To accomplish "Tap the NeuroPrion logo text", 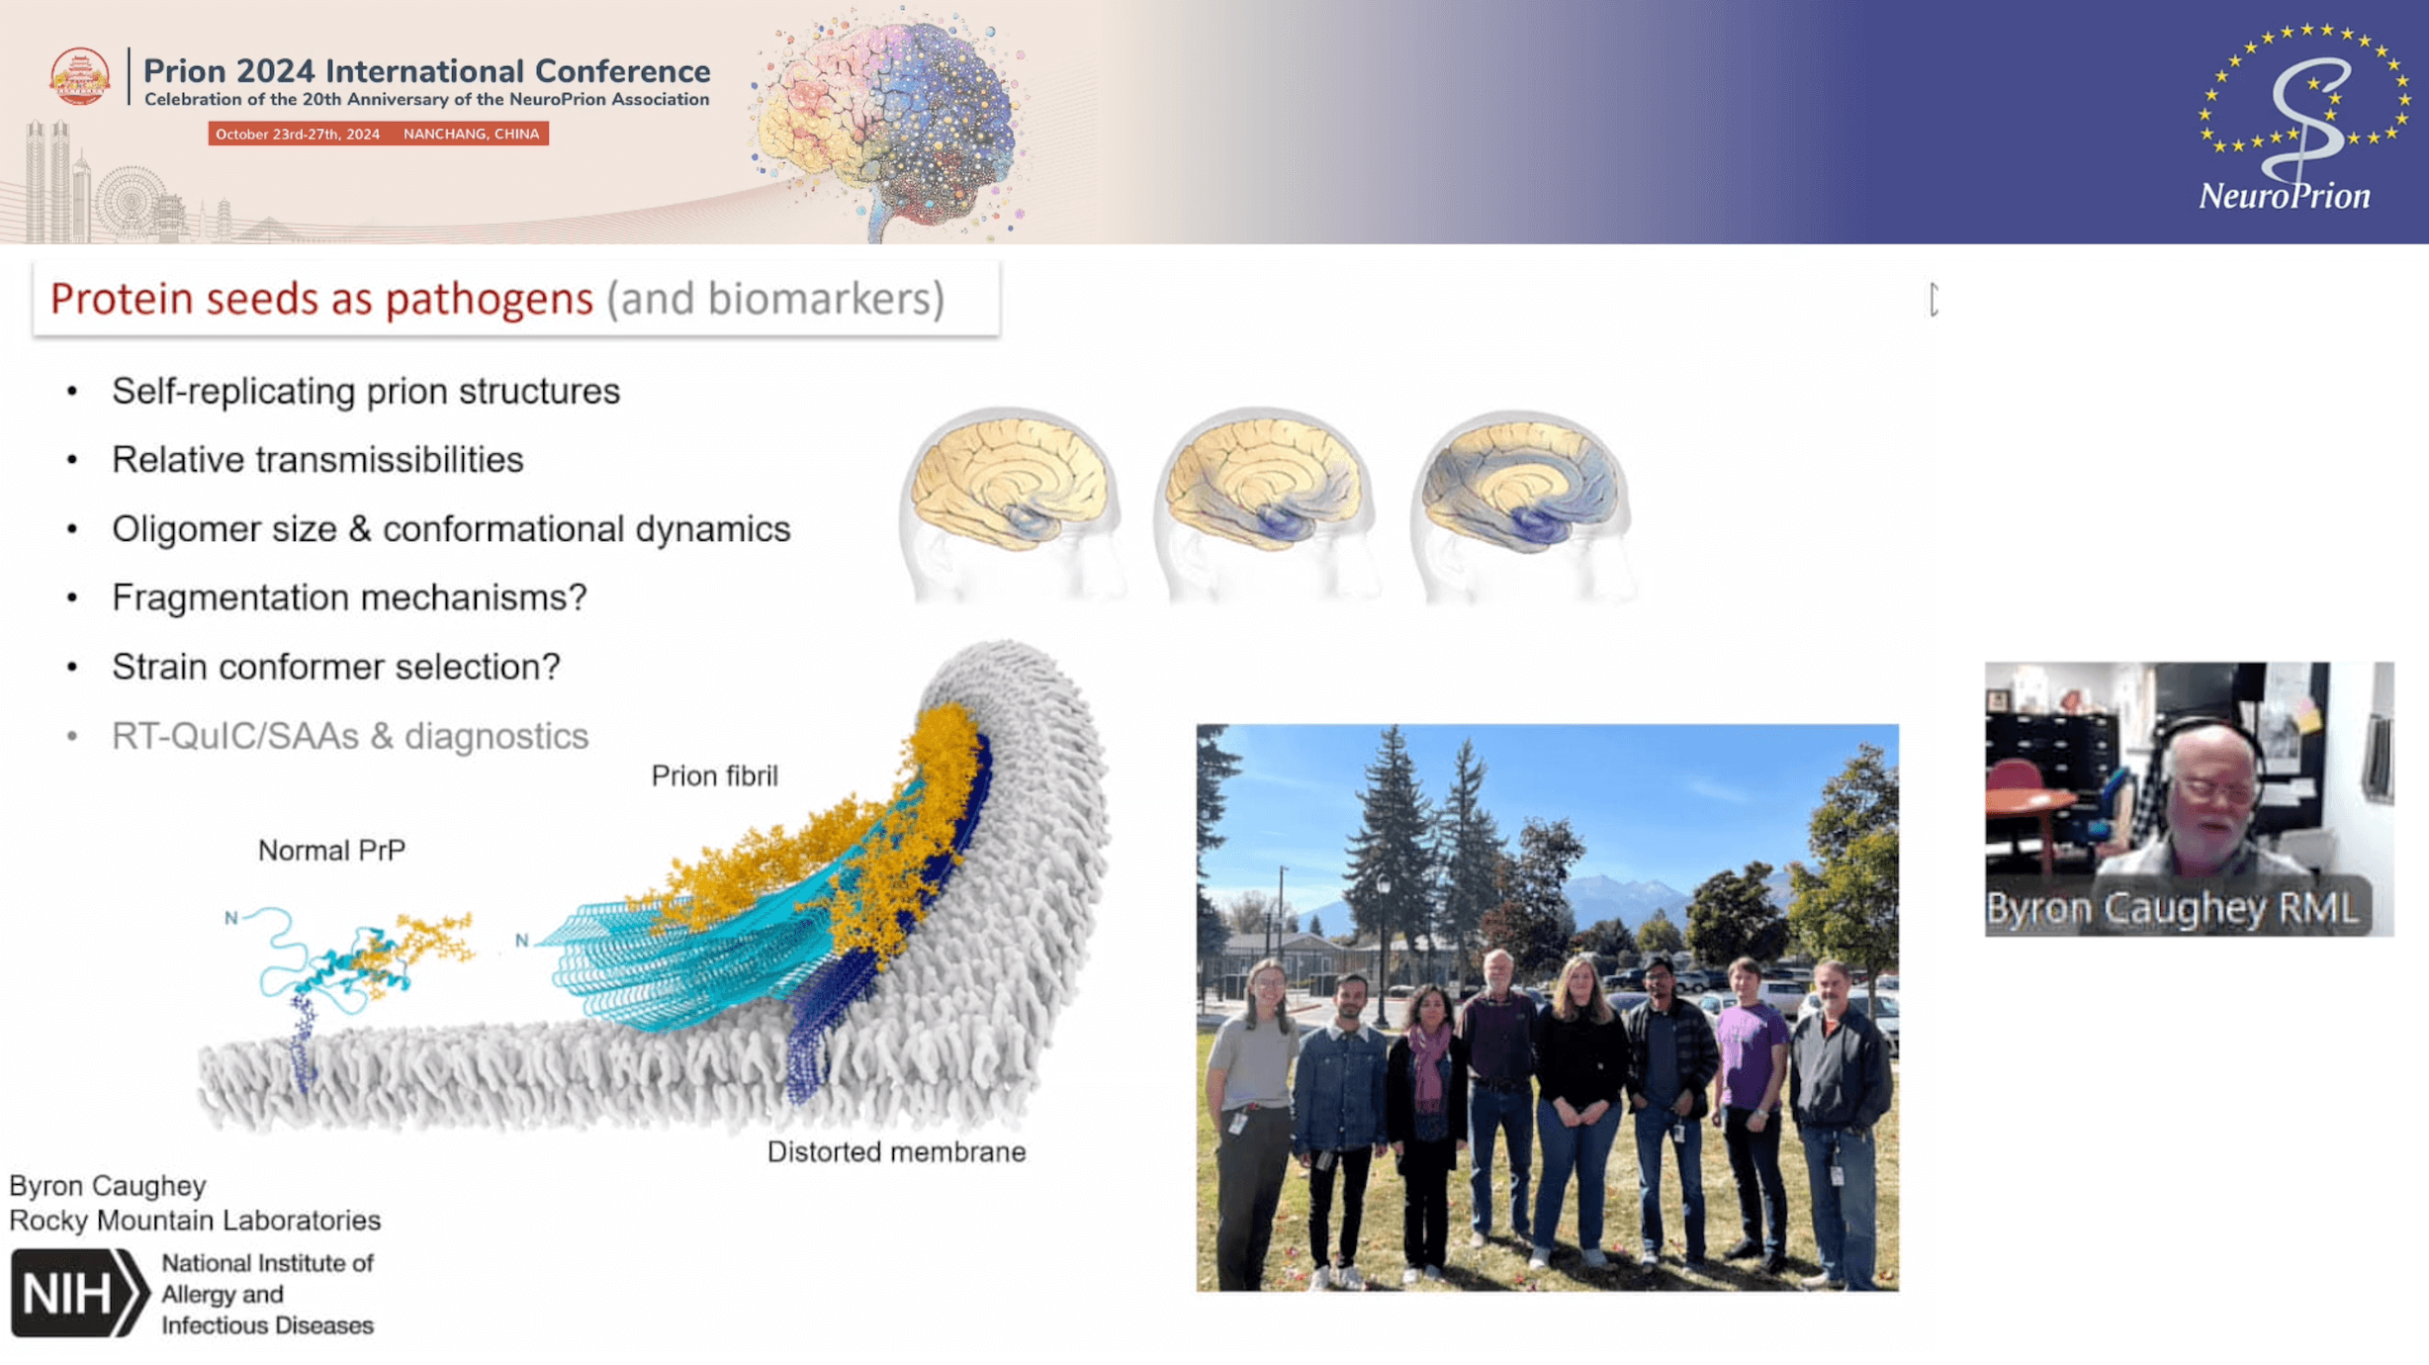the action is point(2284,196).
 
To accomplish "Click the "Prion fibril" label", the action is point(714,776).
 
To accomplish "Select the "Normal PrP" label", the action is point(331,851).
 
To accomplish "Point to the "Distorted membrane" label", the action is point(896,1152).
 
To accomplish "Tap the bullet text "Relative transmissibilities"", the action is point(317,460).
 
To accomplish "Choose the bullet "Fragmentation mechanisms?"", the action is point(349,597).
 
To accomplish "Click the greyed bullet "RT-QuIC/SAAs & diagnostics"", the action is point(350,736).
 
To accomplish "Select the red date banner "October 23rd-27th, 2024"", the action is point(298,135).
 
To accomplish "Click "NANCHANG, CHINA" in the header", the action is point(471,135).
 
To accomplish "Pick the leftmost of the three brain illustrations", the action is point(1012,502).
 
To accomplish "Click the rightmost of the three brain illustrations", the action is point(1523,504).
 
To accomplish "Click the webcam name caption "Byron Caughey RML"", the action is point(2172,908).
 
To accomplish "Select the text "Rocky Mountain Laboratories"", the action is point(195,1221).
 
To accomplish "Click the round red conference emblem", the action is point(80,76).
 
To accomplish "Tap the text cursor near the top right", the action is point(1934,300).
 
